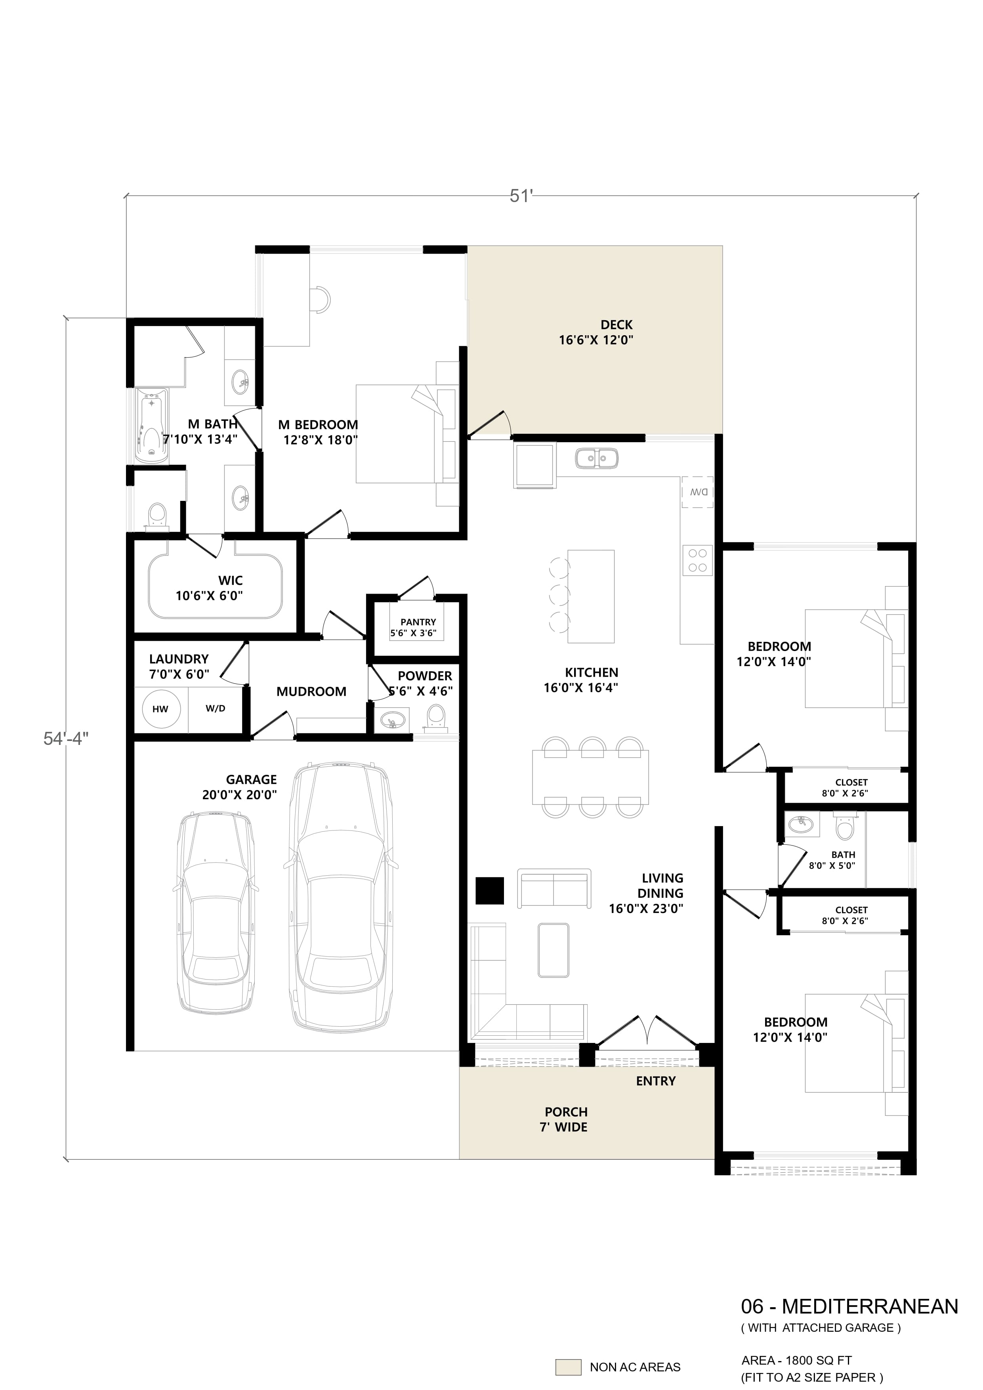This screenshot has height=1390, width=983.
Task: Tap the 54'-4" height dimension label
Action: (x=66, y=739)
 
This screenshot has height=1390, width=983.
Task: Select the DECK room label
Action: (x=616, y=325)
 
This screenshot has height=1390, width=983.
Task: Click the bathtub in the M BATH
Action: (x=151, y=426)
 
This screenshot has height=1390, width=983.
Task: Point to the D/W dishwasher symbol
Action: (x=697, y=492)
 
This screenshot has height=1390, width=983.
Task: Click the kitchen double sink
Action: (x=596, y=458)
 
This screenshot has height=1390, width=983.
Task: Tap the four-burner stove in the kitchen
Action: (x=697, y=560)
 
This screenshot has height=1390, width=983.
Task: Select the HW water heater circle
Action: (x=160, y=709)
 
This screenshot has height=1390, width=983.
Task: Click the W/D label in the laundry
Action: (x=216, y=708)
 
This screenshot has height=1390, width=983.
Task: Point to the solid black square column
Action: (x=490, y=891)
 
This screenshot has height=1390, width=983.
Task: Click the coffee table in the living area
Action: (x=553, y=949)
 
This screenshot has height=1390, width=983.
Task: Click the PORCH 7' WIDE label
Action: (x=565, y=1119)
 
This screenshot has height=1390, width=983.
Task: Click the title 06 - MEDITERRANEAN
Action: (x=849, y=1306)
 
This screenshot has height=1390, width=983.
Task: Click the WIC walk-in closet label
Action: (x=230, y=580)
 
